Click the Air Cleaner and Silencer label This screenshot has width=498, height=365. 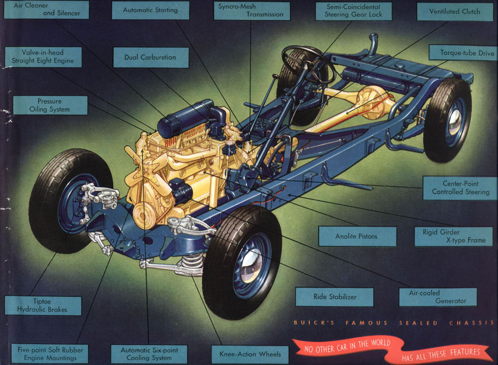tap(46, 10)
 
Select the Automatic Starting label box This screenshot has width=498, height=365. tap(151, 10)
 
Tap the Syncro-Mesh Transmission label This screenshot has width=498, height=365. tap(252, 11)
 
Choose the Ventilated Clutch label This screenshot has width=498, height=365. tap(455, 11)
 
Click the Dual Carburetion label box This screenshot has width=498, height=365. tap(151, 57)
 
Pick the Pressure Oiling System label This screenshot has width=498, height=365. tap(50, 105)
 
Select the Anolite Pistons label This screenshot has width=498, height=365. tap(357, 236)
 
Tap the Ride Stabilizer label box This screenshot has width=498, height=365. tap(334, 297)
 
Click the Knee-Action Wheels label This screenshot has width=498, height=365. tap(250, 354)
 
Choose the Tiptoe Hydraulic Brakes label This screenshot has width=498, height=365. tap(43, 305)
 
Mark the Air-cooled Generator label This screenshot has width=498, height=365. tap(438, 297)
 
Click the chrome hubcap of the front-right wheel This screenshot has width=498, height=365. tap(250, 266)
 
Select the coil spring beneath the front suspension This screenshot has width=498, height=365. tap(192, 264)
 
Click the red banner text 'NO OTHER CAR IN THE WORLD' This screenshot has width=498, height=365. tap(347, 346)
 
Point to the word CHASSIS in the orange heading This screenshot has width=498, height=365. tap(472, 323)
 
